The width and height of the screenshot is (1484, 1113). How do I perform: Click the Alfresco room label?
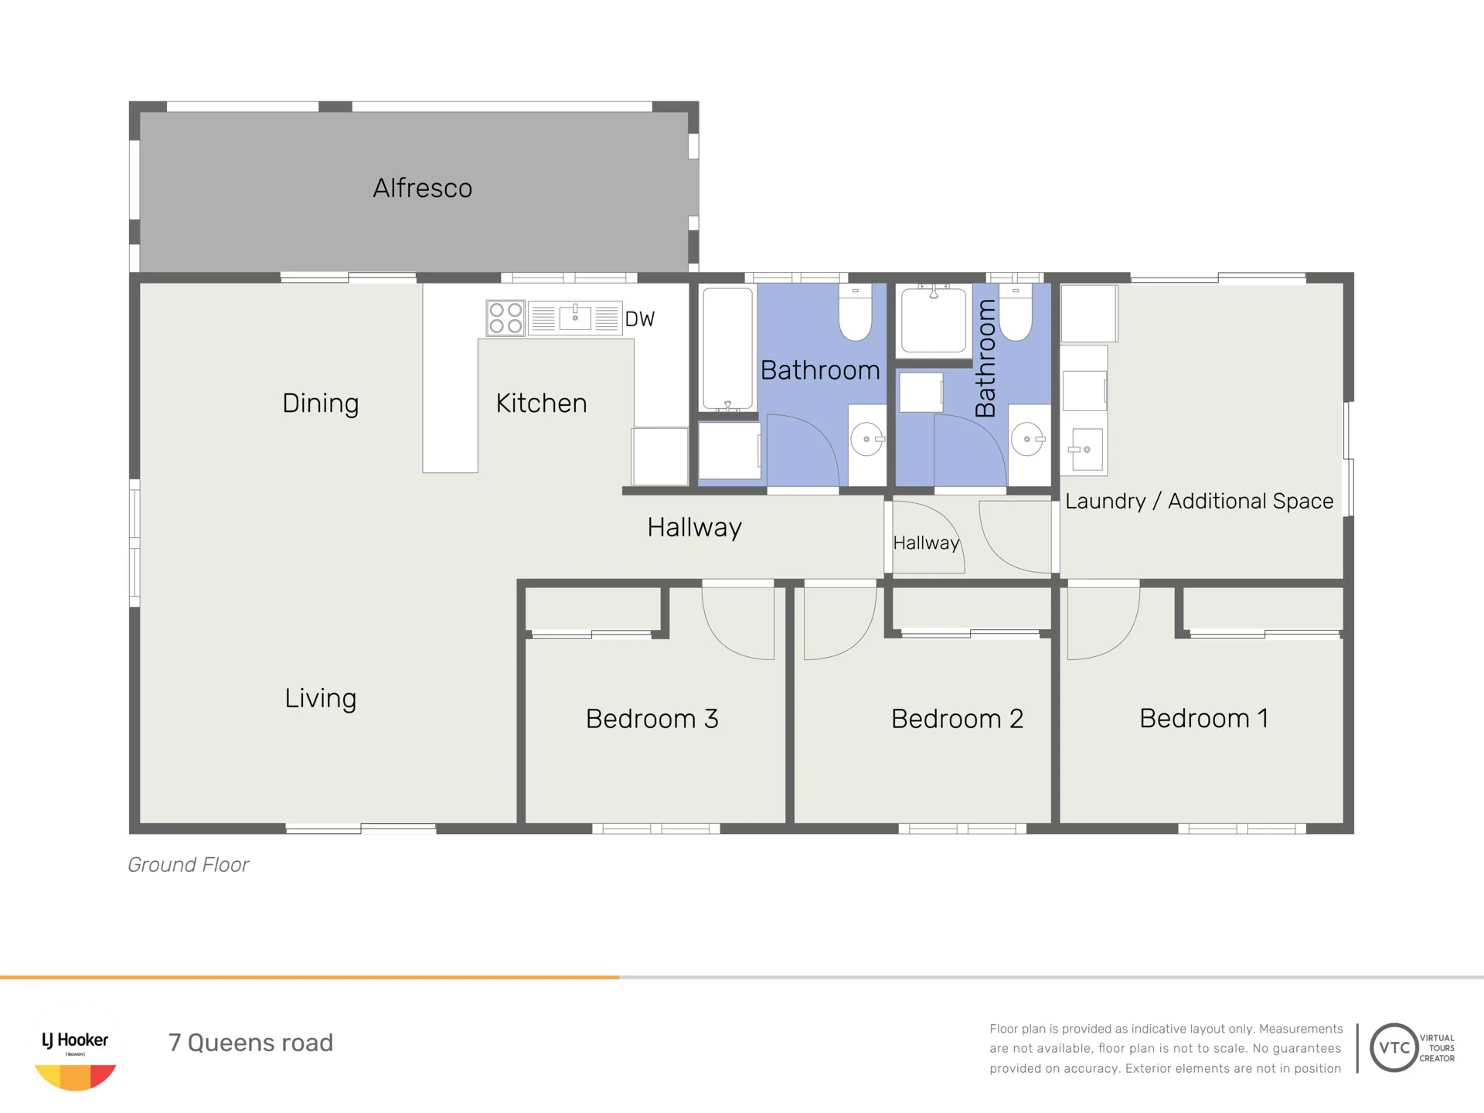[x=422, y=188]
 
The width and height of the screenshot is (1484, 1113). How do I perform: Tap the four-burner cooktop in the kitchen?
[x=505, y=318]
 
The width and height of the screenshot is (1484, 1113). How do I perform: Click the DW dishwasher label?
[x=639, y=319]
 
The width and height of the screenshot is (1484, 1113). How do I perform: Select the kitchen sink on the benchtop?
[x=575, y=318]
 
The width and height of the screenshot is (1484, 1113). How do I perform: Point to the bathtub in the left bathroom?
[x=727, y=349]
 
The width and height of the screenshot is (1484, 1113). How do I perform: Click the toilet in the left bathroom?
[x=856, y=312]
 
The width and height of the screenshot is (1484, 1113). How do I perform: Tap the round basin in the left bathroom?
[x=867, y=439]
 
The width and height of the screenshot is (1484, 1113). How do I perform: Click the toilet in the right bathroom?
[x=1016, y=312]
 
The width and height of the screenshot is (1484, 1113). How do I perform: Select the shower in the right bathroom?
[x=934, y=318]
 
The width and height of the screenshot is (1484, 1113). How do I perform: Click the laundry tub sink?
[x=1084, y=449]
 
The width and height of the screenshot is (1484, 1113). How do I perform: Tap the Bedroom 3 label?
[x=652, y=719]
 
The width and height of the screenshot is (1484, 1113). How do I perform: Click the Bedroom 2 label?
[x=957, y=719]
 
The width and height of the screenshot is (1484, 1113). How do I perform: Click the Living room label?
[x=321, y=698]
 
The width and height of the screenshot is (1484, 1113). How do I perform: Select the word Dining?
[x=321, y=403]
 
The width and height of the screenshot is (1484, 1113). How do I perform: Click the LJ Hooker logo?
[x=75, y=1048]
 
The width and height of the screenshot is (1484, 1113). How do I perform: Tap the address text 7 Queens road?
[x=250, y=1043]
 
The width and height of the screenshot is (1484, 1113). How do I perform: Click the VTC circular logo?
[x=1394, y=1048]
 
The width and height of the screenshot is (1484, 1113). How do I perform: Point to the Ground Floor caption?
[x=189, y=865]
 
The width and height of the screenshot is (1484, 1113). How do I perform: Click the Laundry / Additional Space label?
[x=1199, y=501]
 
